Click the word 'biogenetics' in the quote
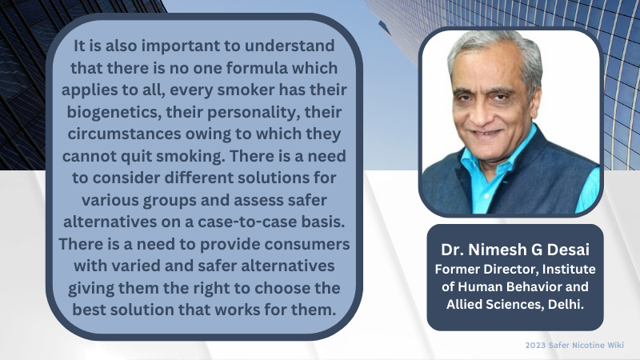coord(113,112)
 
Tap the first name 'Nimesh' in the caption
coord(498,250)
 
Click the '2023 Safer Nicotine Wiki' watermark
coord(574,346)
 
